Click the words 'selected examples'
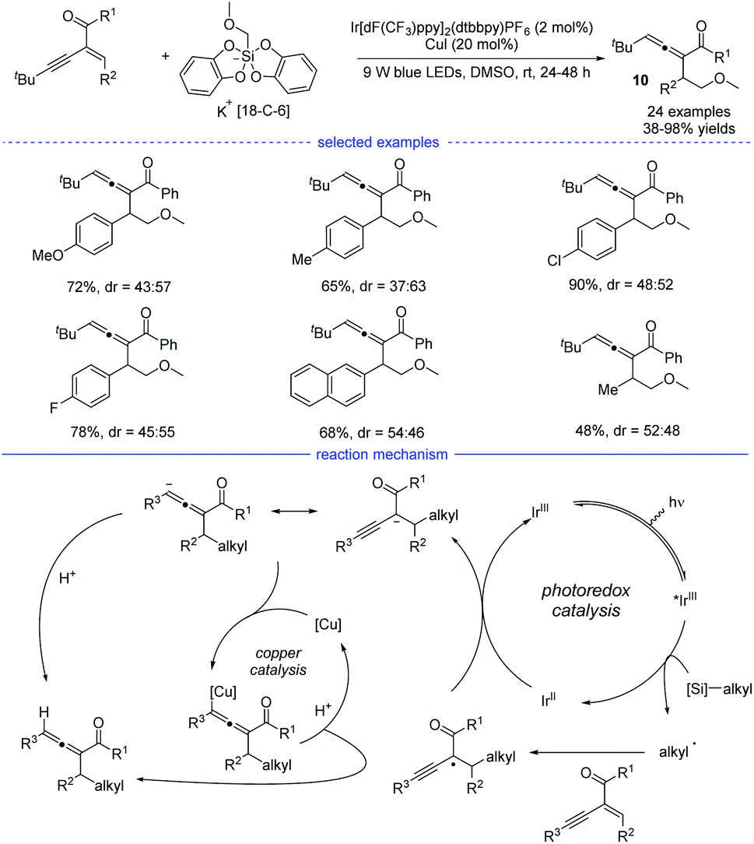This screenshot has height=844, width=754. [x=377, y=142]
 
